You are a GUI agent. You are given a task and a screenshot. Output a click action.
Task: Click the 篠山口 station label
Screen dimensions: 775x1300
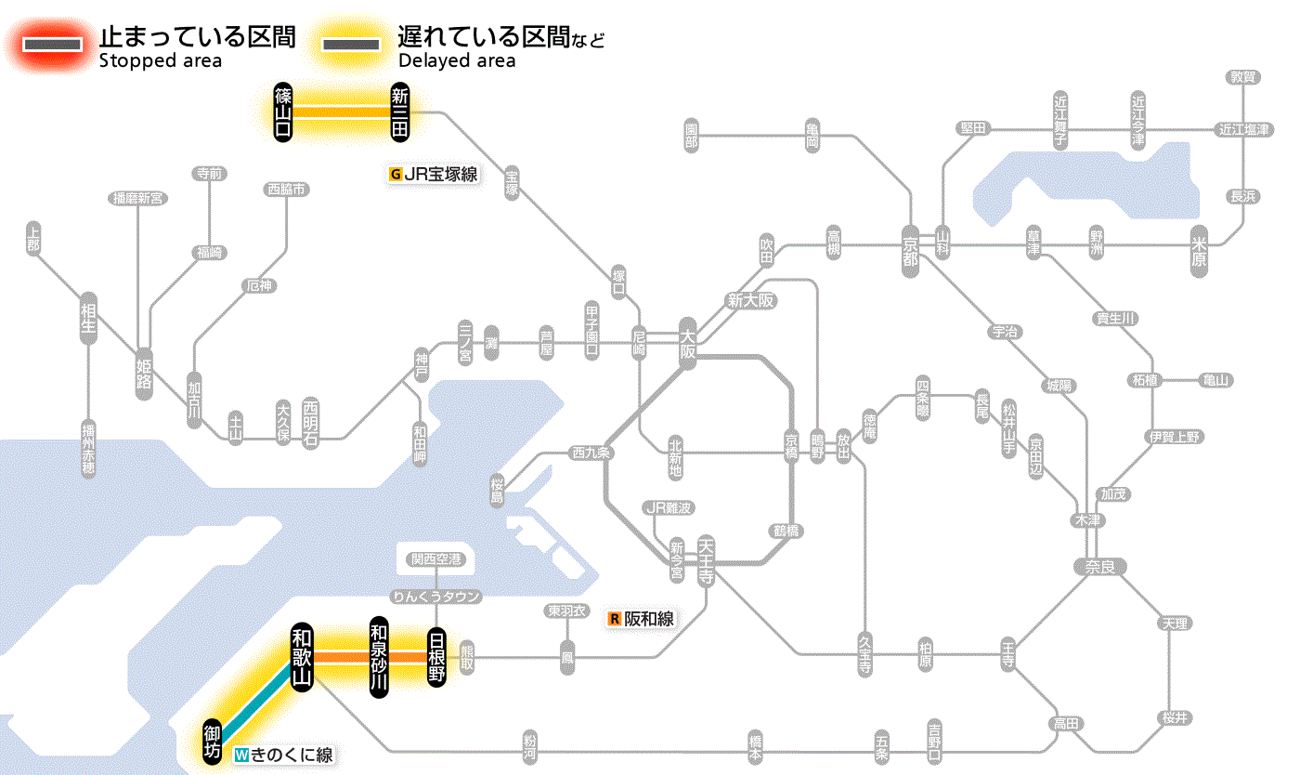tap(282, 112)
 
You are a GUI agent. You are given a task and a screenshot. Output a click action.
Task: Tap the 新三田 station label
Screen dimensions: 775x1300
tap(400, 112)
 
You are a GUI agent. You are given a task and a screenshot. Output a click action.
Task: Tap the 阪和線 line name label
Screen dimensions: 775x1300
tap(642, 619)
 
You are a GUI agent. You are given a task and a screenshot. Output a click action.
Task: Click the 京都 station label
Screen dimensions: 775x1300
tap(910, 247)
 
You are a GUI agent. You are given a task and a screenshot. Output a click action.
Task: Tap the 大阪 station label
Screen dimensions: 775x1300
tap(687, 345)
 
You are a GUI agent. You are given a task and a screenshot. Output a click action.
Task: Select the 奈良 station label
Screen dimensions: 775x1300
tap(1099, 566)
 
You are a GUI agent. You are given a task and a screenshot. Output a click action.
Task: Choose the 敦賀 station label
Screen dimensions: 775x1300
tap(1242, 77)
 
